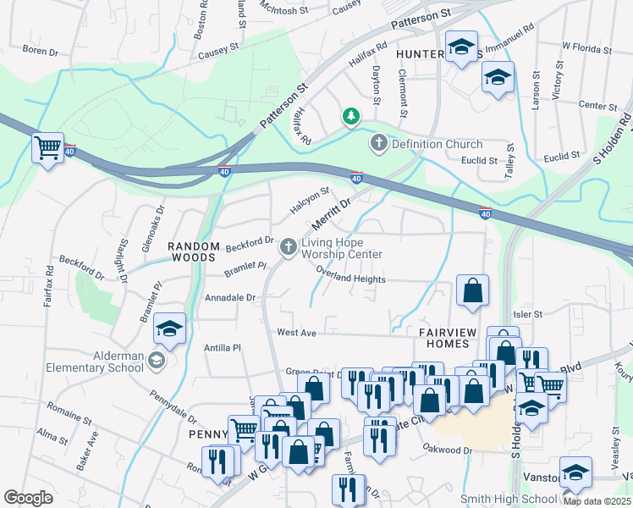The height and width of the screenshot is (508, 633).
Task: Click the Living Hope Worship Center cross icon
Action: pos(288,246)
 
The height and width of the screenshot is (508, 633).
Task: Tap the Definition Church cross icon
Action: pos(378,144)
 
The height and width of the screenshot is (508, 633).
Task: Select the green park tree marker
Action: pos(350,116)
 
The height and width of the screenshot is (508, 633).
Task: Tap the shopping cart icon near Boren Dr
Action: pos(47,148)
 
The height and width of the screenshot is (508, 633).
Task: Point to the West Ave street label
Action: pos(296,334)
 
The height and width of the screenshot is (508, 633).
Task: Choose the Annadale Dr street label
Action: pos(229,298)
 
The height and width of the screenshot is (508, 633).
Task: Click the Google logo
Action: pos(28,498)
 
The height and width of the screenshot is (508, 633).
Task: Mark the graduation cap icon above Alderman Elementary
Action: pos(170,329)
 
